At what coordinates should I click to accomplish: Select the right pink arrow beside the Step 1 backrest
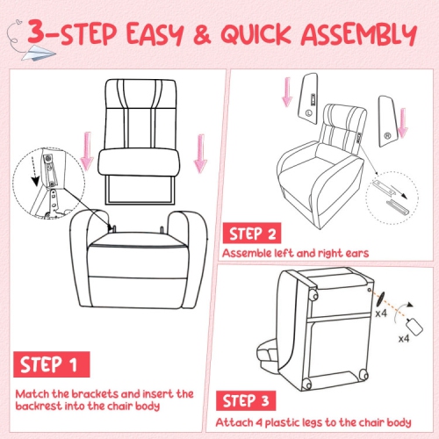[x=201, y=150]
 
